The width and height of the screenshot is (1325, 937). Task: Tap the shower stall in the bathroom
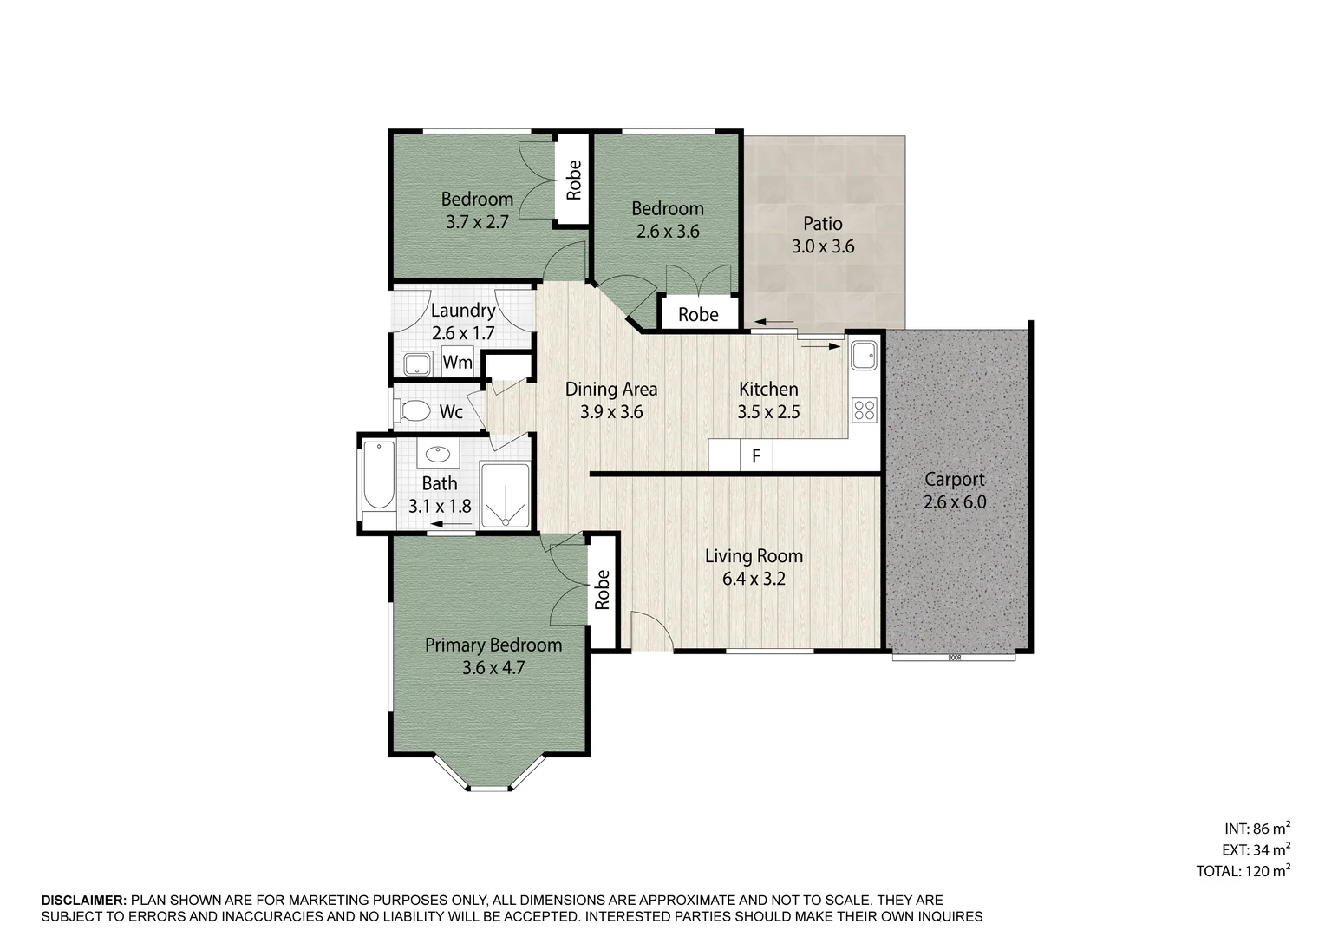tap(505, 495)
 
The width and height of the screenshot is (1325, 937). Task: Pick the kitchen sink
tap(864, 354)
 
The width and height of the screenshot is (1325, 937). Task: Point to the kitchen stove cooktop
tap(865, 410)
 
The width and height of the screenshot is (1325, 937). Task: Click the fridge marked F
tap(756, 455)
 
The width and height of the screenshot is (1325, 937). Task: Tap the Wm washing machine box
tap(457, 362)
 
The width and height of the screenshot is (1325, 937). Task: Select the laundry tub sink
tap(417, 364)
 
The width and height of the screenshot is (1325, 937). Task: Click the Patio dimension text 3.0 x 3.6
tap(822, 246)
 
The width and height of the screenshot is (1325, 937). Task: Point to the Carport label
tap(954, 479)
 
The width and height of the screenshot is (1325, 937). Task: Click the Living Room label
tap(753, 556)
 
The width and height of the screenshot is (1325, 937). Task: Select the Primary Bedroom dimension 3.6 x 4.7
tap(493, 667)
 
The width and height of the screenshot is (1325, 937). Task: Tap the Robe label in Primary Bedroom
tap(603, 589)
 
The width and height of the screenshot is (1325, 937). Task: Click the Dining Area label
tap(610, 390)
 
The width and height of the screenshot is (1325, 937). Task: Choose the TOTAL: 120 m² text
tap(1243, 870)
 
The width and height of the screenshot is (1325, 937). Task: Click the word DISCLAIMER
tap(83, 901)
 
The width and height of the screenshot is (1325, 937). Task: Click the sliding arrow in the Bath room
tap(450, 524)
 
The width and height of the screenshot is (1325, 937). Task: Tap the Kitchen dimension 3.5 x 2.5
tap(768, 412)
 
